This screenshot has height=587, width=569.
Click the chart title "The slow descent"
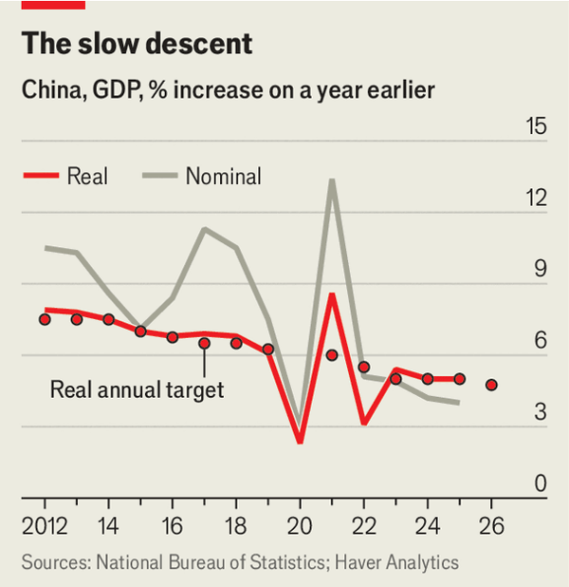[138, 44]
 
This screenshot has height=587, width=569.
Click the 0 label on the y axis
[541, 484]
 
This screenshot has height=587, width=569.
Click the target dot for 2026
[491, 385]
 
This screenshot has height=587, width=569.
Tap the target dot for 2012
[45, 319]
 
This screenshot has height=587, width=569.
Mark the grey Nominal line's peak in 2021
[332, 180]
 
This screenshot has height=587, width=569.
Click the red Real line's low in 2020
[300, 442]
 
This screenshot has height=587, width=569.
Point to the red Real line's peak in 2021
[332, 294]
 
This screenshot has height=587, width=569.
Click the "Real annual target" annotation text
[137, 389]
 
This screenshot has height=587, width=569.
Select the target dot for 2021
[332, 355]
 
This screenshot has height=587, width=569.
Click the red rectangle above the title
[53, 5]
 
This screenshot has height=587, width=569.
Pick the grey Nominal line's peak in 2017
[204, 229]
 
